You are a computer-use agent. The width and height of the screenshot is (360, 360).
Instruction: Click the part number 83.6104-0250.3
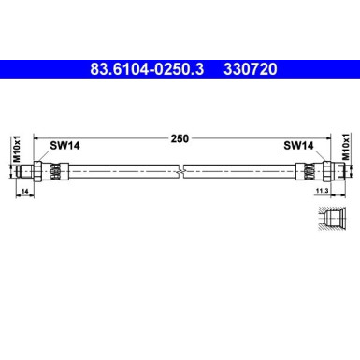coord(152,68)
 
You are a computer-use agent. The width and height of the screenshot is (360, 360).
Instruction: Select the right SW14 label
coord(298,146)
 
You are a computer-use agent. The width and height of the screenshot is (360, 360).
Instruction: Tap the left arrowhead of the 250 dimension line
coord(35,138)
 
